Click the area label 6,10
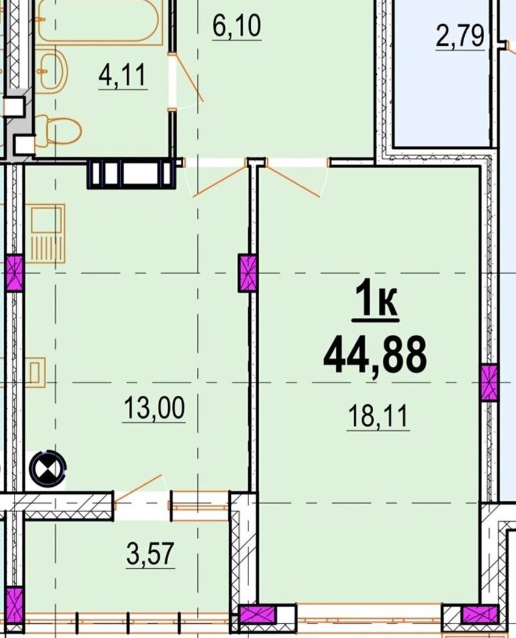237,27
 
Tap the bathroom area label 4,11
122,76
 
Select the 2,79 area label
460,37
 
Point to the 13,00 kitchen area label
154,408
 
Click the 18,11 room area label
378,417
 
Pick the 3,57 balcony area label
150,554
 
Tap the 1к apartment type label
376,300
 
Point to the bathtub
100,20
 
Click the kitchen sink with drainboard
48,233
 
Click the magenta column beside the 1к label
247,273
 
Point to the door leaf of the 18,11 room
294,180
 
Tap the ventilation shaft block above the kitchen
131,174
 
